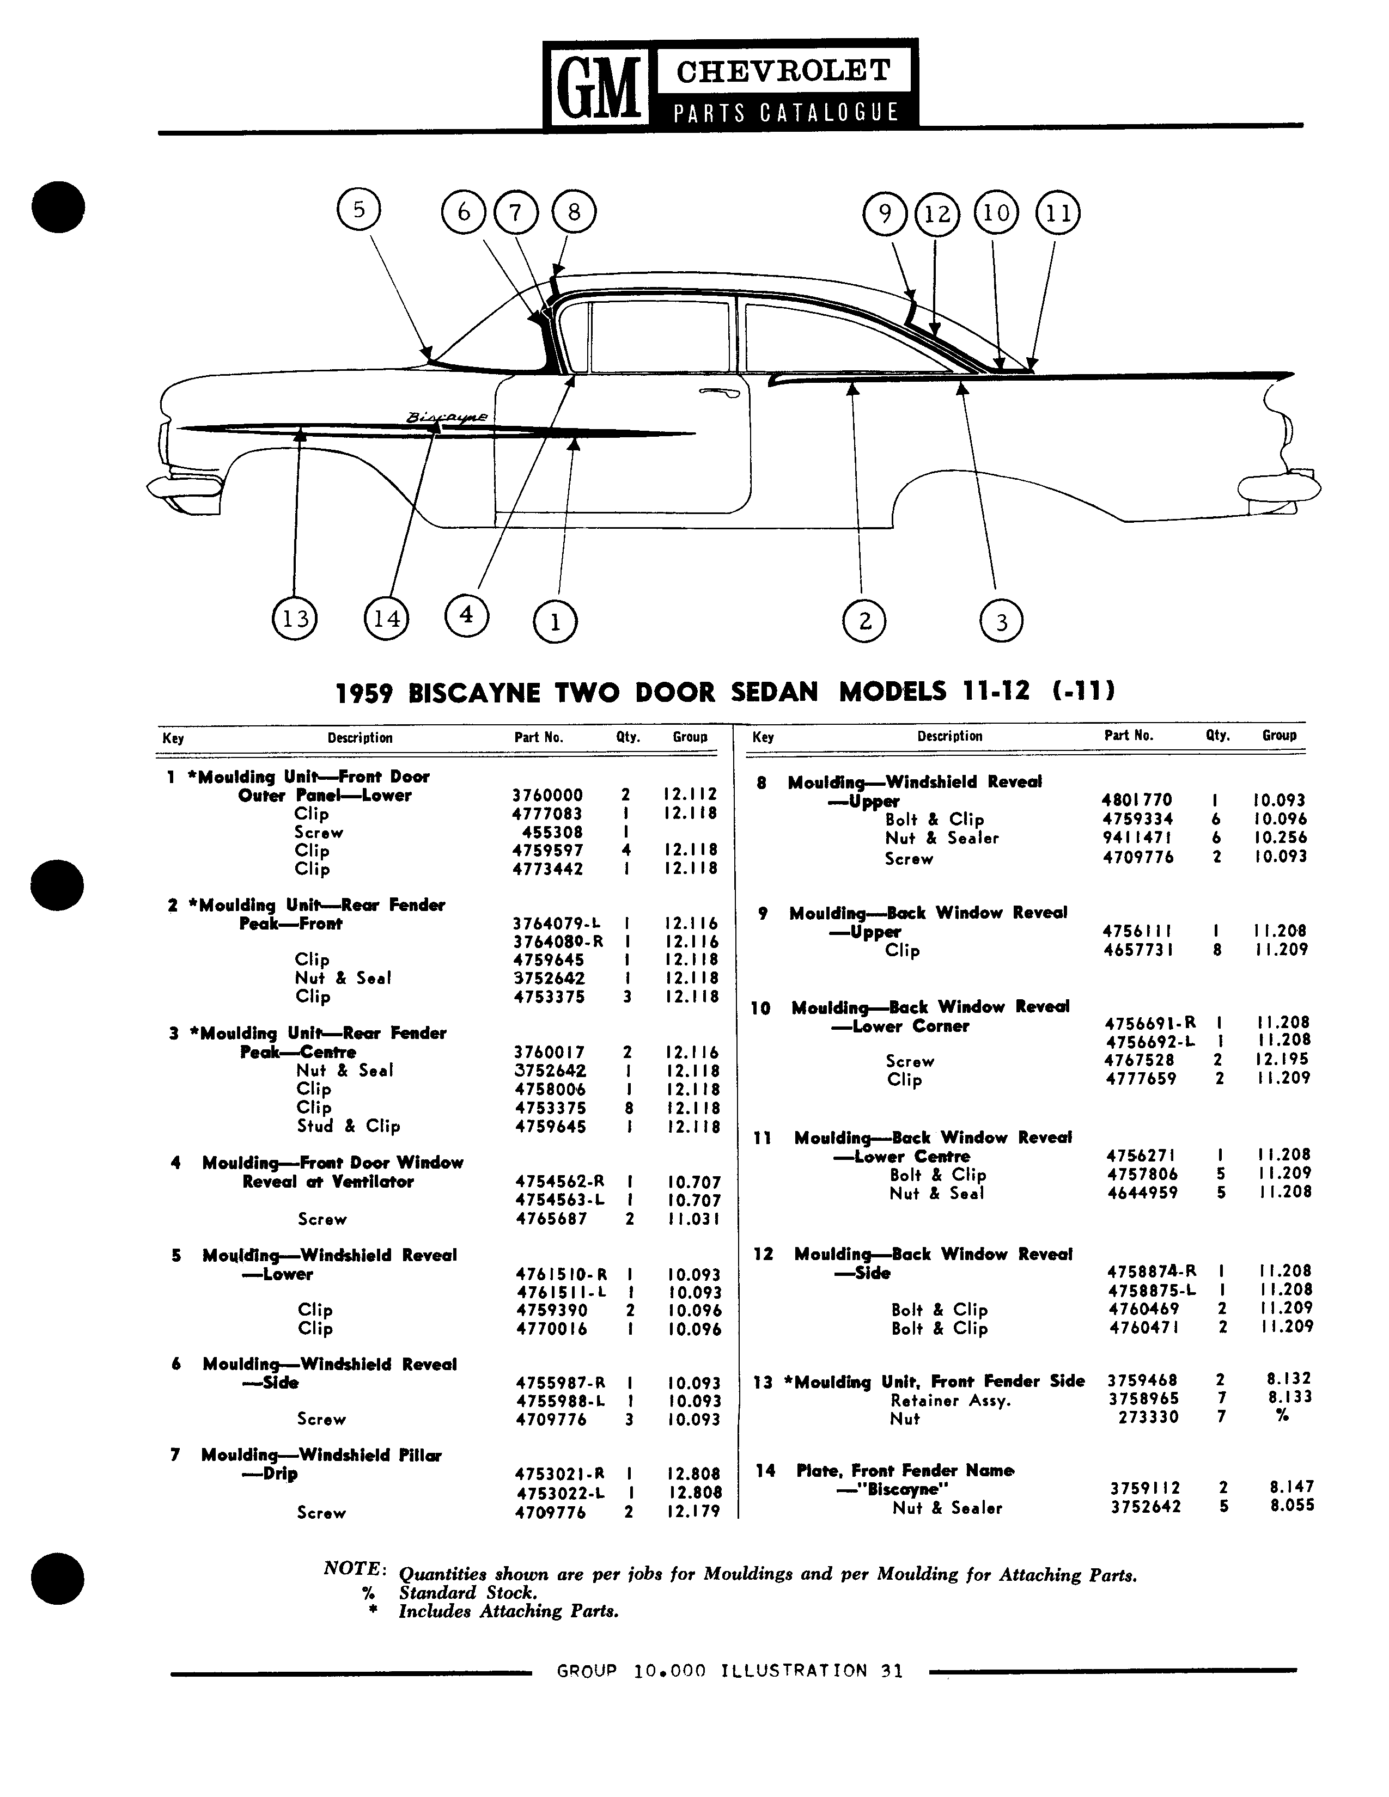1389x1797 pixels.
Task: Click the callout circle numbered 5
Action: (x=359, y=210)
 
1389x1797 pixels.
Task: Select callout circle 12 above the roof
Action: (x=936, y=214)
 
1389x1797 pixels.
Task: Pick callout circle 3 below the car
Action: (x=1001, y=621)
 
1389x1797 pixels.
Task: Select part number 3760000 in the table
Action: (x=547, y=795)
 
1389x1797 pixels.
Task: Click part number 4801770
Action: (x=1137, y=800)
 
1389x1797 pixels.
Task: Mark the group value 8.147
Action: (x=1292, y=1487)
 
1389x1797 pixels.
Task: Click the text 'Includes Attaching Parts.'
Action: (x=509, y=1611)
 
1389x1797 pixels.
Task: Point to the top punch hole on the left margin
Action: (x=58, y=206)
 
